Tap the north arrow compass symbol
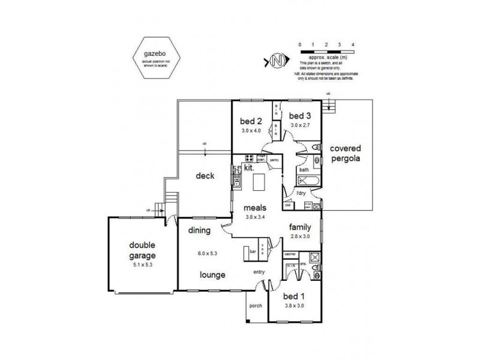point(277,61)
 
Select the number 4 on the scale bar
point(353,45)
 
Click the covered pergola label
point(348,153)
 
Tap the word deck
point(205,176)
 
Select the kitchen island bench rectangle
point(259,181)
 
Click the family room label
point(299,227)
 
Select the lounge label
point(213,275)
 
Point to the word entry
point(259,272)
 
